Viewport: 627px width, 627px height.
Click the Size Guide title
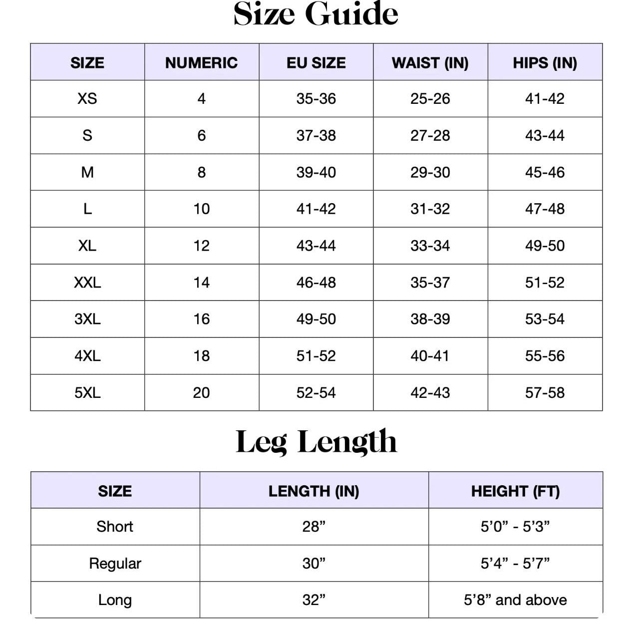click(x=315, y=14)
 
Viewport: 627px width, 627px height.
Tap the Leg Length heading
click(x=316, y=441)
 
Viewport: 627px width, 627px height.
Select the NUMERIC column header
click(x=201, y=62)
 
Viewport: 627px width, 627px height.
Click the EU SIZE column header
click(x=316, y=62)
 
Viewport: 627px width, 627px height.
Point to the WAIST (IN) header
click(x=430, y=62)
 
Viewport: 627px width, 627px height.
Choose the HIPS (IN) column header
click(x=545, y=62)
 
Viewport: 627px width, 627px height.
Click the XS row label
click(x=87, y=98)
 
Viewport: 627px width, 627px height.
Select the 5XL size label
click(x=87, y=392)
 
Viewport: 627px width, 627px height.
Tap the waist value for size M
click(x=430, y=172)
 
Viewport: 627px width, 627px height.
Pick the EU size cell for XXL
click(x=316, y=283)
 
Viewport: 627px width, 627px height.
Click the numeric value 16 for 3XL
click(x=201, y=319)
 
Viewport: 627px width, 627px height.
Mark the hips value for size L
click(x=545, y=209)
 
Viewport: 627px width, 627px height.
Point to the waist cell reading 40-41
click(x=430, y=356)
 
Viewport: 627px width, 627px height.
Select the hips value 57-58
click(x=545, y=392)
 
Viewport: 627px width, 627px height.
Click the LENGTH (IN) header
click(x=313, y=491)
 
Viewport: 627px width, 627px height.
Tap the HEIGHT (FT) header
click(x=515, y=491)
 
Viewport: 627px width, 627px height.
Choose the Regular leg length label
click(x=115, y=563)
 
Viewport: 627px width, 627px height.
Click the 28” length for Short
click(x=313, y=526)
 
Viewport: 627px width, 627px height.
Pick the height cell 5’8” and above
click(x=515, y=600)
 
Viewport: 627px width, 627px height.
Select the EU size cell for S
click(x=316, y=135)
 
